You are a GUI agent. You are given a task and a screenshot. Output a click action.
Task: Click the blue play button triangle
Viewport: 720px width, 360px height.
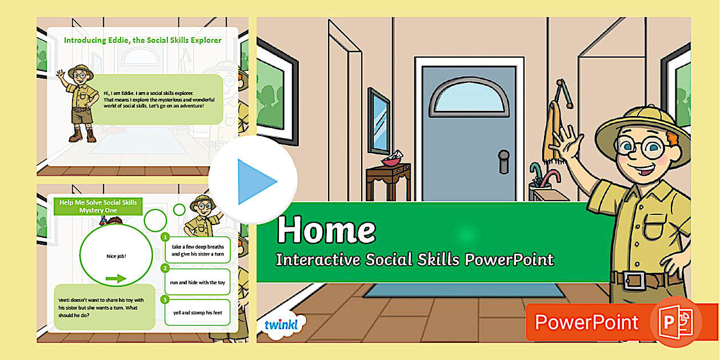pyautogui.click(x=255, y=182)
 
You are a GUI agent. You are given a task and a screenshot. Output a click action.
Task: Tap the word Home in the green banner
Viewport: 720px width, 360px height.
pyautogui.click(x=326, y=230)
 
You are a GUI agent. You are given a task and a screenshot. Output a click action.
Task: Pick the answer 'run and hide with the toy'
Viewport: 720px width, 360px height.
pyautogui.click(x=197, y=282)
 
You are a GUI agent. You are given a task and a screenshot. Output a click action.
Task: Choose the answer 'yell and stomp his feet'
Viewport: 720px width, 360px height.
pyautogui.click(x=197, y=313)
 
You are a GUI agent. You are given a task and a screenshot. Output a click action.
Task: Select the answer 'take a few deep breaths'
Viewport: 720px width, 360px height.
pyautogui.click(x=197, y=250)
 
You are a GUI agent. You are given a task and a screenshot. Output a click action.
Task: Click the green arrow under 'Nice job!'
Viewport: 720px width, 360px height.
pyautogui.click(x=116, y=278)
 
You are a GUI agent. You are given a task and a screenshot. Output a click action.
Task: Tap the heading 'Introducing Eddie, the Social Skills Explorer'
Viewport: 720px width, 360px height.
pyautogui.click(x=142, y=41)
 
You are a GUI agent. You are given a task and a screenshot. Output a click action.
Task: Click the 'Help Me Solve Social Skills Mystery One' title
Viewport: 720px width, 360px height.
pyautogui.click(x=98, y=206)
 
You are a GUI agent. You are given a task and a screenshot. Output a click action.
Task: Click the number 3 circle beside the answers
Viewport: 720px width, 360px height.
pyautogui.click(x=165, y=299)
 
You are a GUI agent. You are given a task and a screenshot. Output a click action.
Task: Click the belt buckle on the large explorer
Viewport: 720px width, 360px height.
pyautogui.click(x=635, y=281)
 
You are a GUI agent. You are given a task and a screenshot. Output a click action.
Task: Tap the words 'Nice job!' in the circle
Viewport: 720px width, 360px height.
pyautogui.click(x=116, y=256)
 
